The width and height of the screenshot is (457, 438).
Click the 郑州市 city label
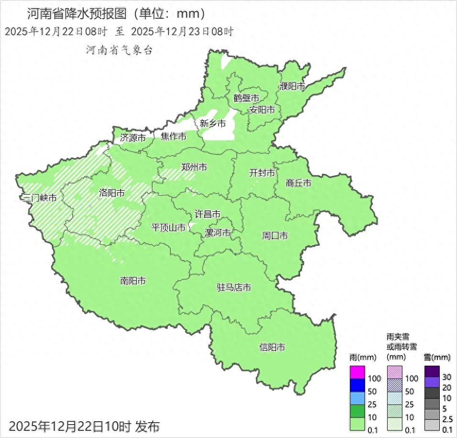click(194, 167)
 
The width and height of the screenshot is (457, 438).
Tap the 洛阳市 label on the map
click(111, 193)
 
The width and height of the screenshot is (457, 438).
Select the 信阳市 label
click(272, 347)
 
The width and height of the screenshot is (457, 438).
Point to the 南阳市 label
click(133, 281)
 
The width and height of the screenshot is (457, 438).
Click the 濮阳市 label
click(292, 87)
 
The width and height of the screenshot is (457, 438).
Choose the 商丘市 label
click(299, 183)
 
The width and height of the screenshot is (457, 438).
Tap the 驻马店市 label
click(234, 288)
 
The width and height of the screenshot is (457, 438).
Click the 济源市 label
click(133, 138)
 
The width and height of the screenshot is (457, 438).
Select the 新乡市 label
click(212, 123)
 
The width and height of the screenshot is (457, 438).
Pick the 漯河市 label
click(217, 233)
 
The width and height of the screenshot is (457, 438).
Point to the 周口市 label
click(275, 235)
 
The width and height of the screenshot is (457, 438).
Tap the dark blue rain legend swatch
click(357, 385)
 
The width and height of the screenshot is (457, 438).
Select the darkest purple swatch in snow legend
click(432, 371)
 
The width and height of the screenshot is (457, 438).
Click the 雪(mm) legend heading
click(437, 357)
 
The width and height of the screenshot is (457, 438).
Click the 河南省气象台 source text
click(119, 50)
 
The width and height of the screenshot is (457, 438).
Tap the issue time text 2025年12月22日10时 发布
click(84, 426)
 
